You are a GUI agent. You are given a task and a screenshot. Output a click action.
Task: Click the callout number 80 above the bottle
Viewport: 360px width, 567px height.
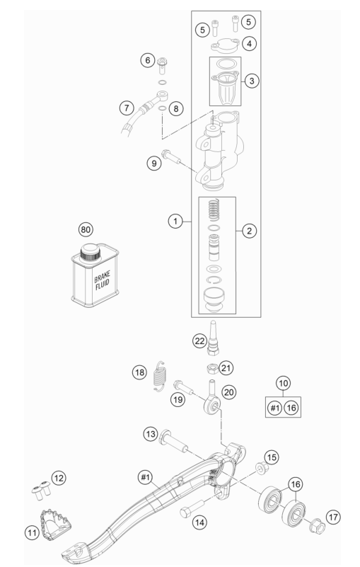pos(86,229)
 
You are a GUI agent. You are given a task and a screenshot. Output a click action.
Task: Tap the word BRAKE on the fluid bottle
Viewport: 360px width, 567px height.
pos(103,277)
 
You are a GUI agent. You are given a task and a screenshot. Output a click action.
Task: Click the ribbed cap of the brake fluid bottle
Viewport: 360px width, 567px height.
pos(90,252)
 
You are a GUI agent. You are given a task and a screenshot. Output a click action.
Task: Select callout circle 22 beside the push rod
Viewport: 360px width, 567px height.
pos(200,341)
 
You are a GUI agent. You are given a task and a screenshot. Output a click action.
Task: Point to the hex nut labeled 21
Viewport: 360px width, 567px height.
pos(212,369)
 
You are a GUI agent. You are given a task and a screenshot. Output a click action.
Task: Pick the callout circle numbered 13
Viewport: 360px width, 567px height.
pos(151,434)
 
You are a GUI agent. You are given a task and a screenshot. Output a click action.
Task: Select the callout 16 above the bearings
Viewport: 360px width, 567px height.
pos(296,484)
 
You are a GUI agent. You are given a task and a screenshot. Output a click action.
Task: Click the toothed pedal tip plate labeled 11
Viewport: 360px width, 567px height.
pos(55,524)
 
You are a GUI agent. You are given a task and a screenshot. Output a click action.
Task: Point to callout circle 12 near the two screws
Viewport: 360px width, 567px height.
pos(59,478)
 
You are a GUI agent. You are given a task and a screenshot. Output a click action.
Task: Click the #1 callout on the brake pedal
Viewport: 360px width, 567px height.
pos(145,477)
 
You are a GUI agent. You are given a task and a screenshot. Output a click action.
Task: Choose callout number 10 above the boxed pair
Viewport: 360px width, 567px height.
pos(284,383)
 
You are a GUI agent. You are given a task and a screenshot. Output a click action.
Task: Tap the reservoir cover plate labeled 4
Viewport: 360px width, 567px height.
pos(225,45)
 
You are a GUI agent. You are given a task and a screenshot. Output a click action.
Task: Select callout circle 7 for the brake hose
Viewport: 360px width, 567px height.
pos(127,108)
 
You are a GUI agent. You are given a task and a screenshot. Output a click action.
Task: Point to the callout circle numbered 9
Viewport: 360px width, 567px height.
pos(154,164)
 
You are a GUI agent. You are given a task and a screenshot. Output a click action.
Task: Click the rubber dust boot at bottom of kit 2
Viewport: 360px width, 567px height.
pos(214,299)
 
